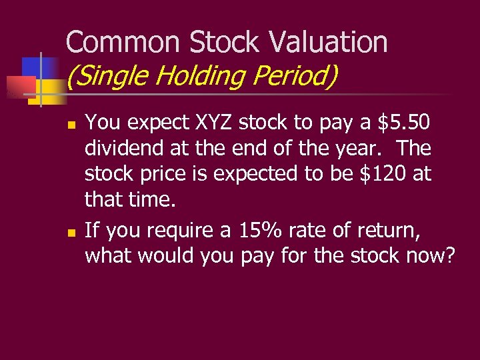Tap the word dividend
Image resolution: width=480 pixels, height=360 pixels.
(125, 149)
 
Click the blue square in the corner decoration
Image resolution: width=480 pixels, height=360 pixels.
(32, 67)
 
